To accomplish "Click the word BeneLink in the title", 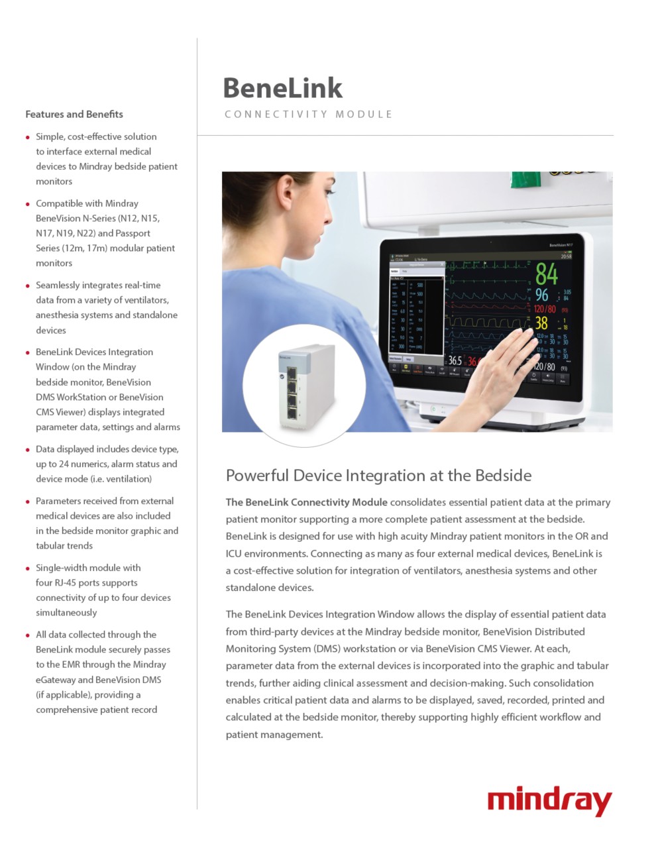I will pos(282,88).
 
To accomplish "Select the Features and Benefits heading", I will pos(74,114).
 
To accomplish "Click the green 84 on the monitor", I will pos(547,273).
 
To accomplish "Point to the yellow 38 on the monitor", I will pos(541,323).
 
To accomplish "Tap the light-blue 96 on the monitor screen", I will pos(541,295).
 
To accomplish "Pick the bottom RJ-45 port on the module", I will pos(292,413).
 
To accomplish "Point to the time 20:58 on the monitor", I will pos(566,256).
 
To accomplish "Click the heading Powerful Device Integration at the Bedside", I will pos(378,475).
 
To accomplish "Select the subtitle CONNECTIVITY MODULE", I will pos(308,114).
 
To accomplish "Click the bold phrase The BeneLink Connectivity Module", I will pos(306,502).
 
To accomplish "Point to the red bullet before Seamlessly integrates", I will pos(28,286).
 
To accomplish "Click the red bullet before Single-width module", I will pos(28,568).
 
